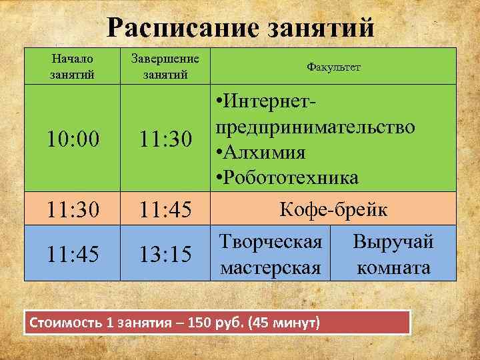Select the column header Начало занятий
[x=72, y=66]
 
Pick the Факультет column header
[x=333, y=67]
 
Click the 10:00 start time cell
[x=72, y=139]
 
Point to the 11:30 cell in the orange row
[x=72, y=210]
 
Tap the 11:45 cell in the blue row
[x=72, y=254]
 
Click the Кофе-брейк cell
[x=333, y=210]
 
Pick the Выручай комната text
[x=393, y=255]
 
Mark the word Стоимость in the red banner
[x=64, y=323]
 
